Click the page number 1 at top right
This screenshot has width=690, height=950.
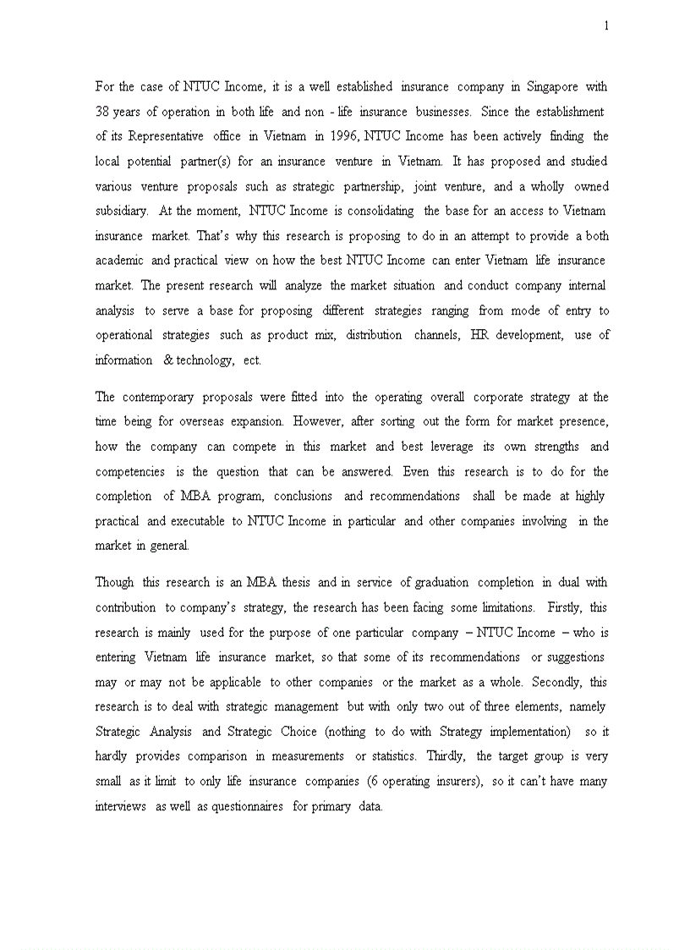(x=606, y=26)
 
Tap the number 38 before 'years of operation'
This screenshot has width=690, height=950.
(x=102, y=112)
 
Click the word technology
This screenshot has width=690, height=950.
(x=203, y=360)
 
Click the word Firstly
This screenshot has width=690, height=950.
(x=565, y=608)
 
